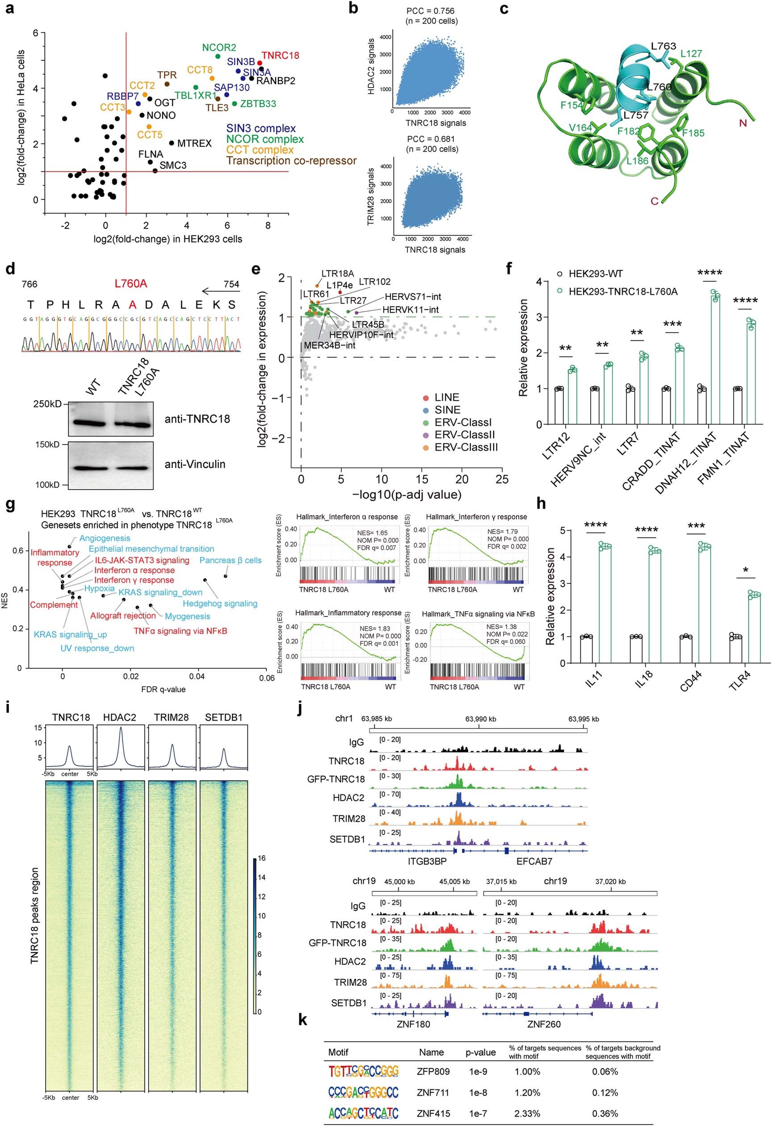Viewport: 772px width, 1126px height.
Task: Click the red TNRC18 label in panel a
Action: pos(280,55)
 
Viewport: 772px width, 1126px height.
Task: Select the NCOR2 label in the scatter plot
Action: pos(219,47)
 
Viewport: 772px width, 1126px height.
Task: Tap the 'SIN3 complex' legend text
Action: pos(261,128)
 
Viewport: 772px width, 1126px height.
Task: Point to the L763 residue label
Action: pos(663,46)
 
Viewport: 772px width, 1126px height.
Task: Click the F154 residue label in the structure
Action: pos(571,105)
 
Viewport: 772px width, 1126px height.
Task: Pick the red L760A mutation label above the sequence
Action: pos(130,284)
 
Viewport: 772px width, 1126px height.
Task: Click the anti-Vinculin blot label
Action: pos(195,464)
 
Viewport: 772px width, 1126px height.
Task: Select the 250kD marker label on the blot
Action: pos(47,404)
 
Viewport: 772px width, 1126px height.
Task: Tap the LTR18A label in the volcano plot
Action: pos(337,274)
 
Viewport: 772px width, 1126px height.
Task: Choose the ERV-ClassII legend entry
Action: pos(465,435)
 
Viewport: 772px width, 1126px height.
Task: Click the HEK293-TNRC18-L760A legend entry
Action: pos(623,291)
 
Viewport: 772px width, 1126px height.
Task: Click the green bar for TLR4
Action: pos(754,628)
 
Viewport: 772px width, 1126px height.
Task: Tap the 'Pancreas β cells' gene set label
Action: pos(231,561)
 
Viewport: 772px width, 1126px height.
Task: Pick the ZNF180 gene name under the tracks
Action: pos(413,1024)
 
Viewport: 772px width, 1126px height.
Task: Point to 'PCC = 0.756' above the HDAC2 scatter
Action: pos(431,11)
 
